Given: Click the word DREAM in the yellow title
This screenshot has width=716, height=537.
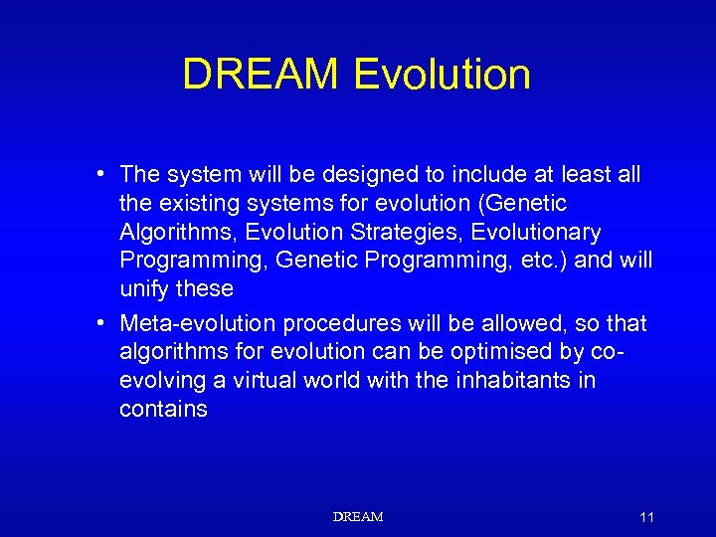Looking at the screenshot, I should coord(262,75).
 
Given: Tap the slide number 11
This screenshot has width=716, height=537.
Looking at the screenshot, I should coord(646,517).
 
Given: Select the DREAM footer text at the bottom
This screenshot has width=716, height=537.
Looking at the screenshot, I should coord(357,517).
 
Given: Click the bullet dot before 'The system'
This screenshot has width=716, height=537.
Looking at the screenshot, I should coord(102,175).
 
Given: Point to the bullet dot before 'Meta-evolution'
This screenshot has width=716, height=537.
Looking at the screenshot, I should coord(102,324).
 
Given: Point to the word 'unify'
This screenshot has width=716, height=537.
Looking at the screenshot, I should coord(145,289).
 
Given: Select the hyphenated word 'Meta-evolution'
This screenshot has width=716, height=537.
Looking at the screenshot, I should coord(198,324).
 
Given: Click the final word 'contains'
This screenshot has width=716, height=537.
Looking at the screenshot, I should coord(163,410).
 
